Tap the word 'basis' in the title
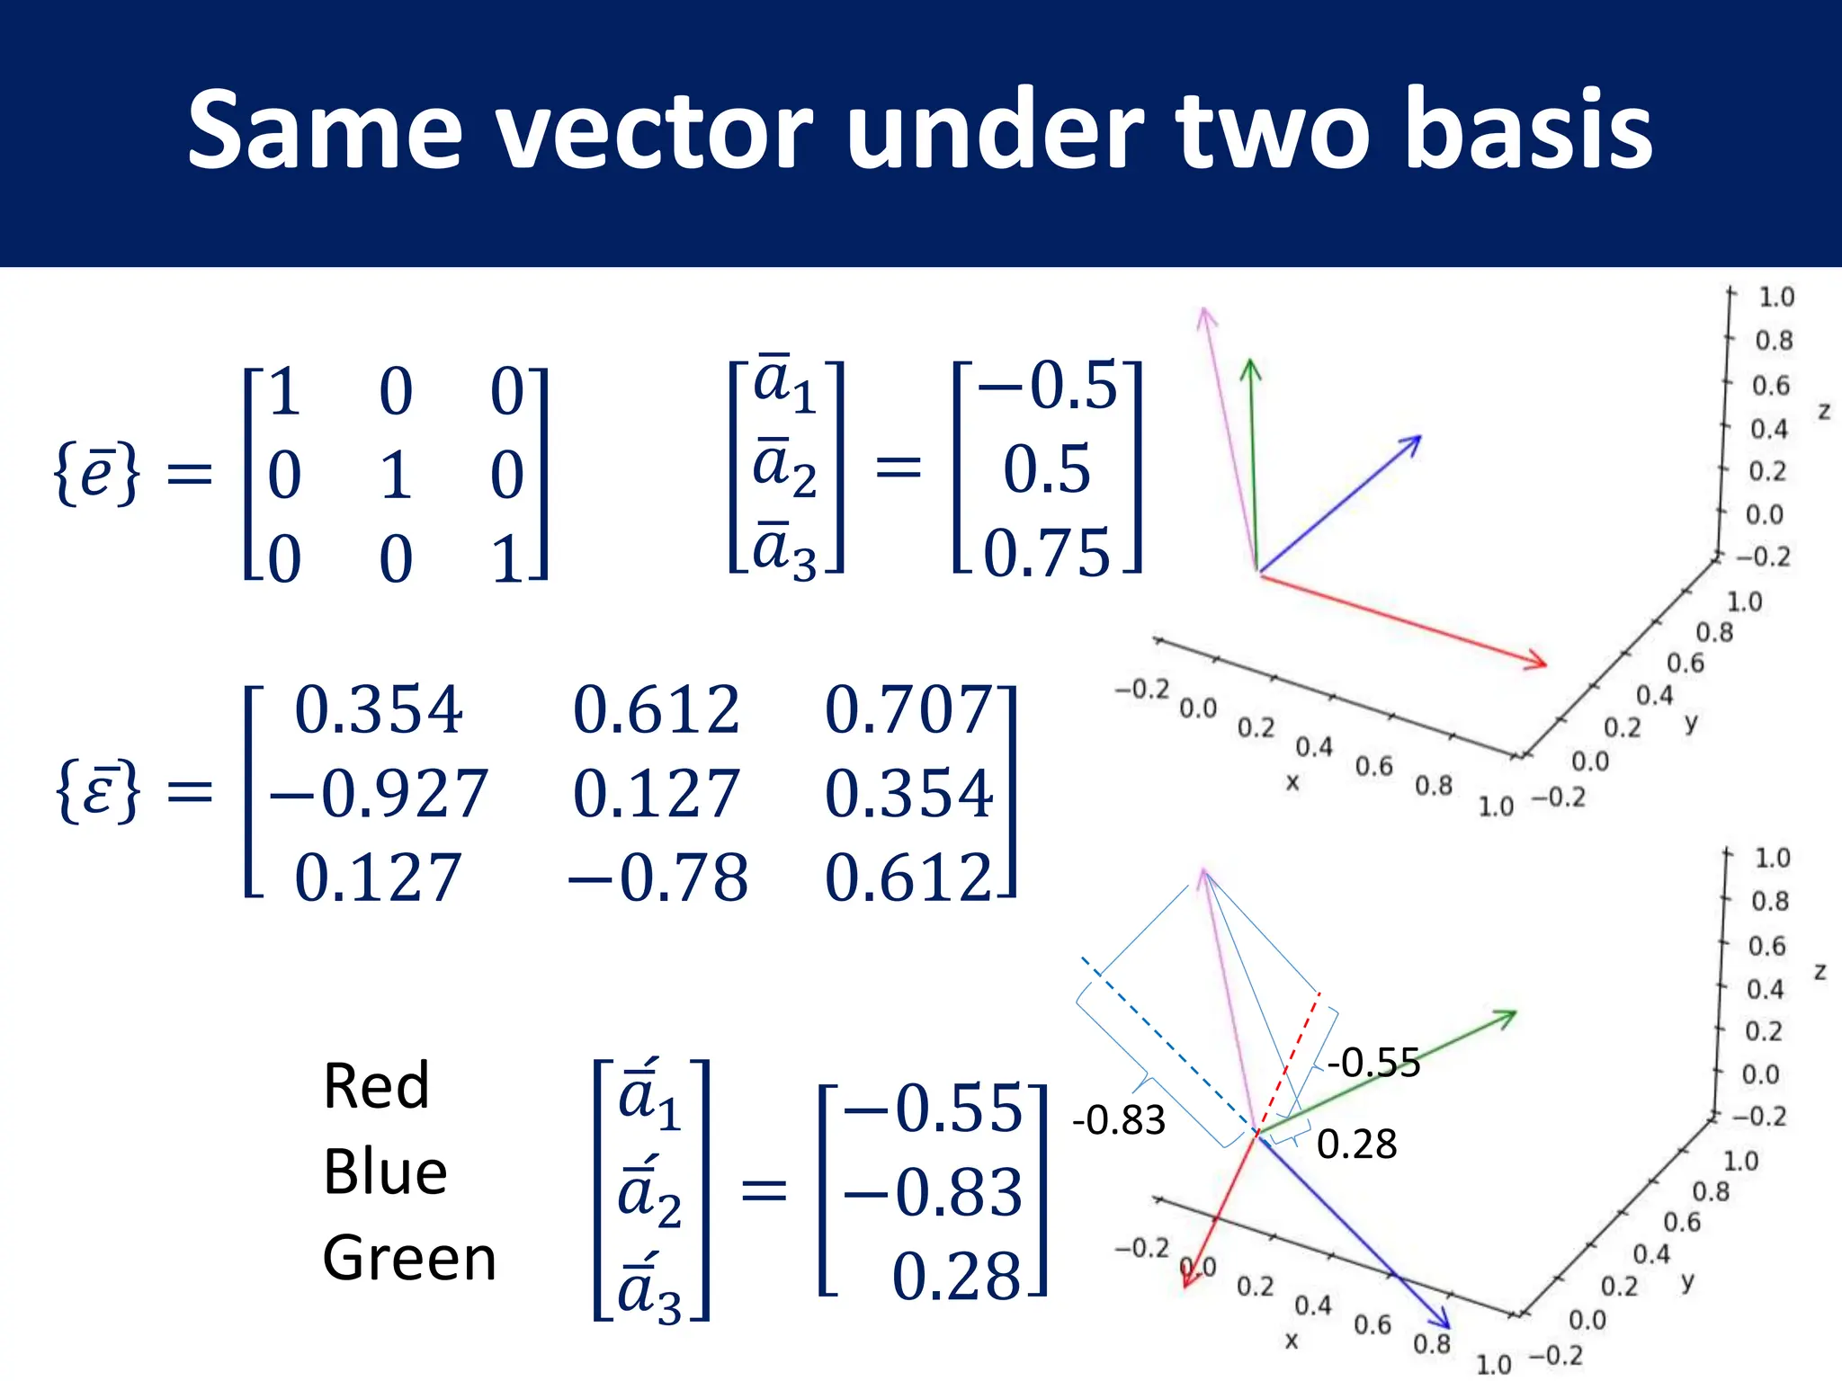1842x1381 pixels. coord(1528,132)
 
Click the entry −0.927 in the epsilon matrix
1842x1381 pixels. coord(378,794)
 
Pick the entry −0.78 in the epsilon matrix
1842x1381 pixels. coord(658,878)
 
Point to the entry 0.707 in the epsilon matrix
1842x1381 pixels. coord(908,710)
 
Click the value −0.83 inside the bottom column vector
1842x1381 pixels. coord(933,1192)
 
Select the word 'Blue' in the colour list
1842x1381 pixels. coord(385,1172)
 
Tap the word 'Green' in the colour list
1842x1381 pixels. coord(409,1258)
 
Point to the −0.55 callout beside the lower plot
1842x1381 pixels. coord(1373,1063)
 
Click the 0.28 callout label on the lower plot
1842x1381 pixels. coord(1356,1145)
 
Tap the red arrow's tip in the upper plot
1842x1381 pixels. coord(1545,664)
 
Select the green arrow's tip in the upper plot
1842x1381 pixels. coord(1249,361)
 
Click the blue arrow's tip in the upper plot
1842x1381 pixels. coord(1419,438)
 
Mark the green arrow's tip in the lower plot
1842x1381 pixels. coord(1515,1012)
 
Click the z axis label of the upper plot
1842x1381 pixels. coord(1824,411)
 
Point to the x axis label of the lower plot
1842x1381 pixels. coord(1292,1341)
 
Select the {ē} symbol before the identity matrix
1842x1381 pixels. coord(97,474)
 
